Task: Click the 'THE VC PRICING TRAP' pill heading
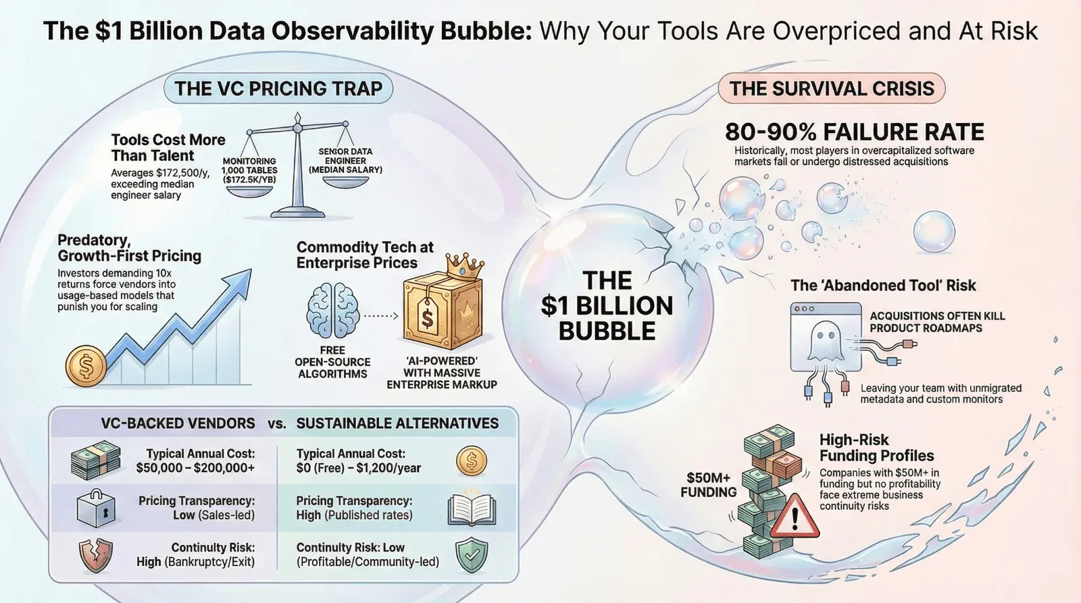[x=278, y=88]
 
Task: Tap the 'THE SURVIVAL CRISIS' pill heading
[x=832, y=88]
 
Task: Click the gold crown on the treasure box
[x=465, y=266]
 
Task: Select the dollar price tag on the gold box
[x=427, y=315]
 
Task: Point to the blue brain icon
[x=332, y=310]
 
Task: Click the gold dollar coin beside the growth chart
[x=86, y=366]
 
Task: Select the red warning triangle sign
[x=795, y=517]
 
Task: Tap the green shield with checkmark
[x=472, y=555]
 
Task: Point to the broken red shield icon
[x=95, y=555]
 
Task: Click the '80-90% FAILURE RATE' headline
[x=854, y=132]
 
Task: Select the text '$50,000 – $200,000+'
[x=195, y=468]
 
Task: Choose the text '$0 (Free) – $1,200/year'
[x=359, y=468]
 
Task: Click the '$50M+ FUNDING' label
[x=709, y=485]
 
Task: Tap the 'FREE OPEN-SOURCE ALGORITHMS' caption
[x=332, y=362]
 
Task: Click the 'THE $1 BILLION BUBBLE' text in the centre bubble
[x=607, y=306]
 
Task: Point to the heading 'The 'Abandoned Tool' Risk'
[x=883, y=285]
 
